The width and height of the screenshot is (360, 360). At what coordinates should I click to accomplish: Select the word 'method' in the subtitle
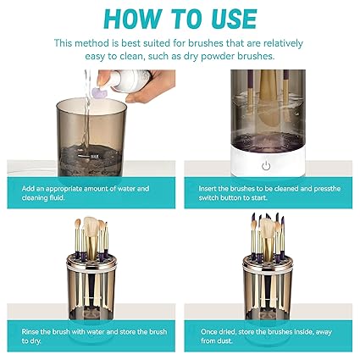pyautogui.click(x=90, y=42)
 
